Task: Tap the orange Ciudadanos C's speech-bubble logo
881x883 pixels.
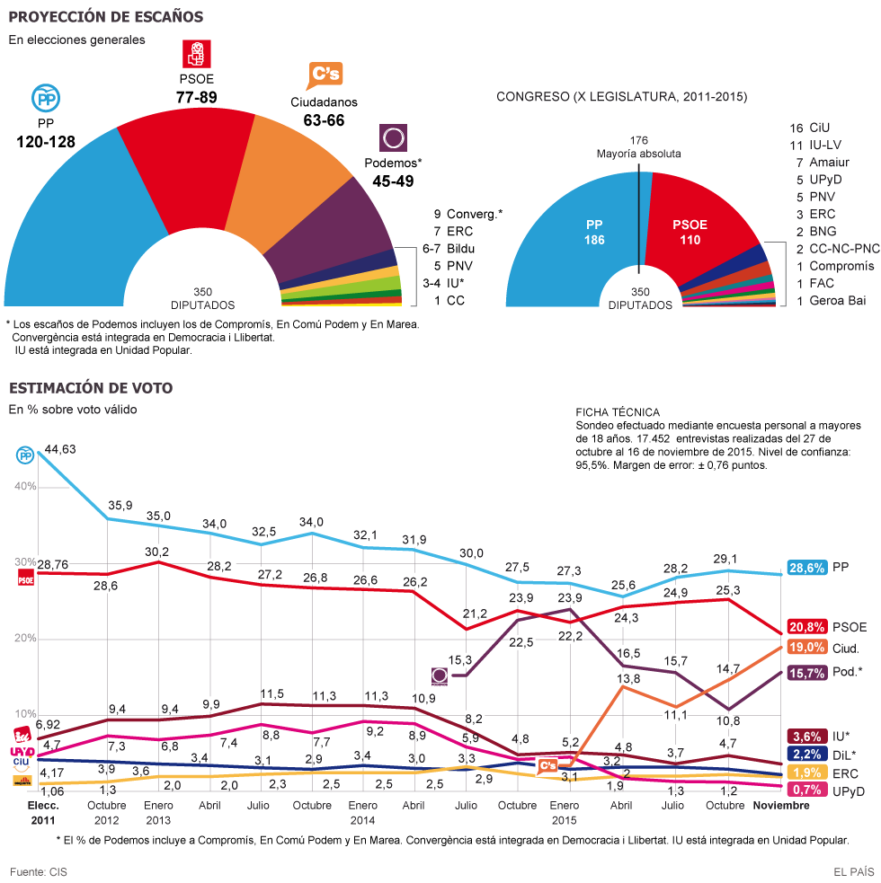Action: [324, 76]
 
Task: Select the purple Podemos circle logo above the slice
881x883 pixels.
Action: [393, 138]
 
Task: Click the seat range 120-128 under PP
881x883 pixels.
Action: [45, 141]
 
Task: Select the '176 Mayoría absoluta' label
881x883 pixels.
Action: [639, 146]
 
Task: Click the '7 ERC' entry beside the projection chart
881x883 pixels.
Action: [453, 231]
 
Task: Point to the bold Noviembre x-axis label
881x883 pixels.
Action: [780, 806]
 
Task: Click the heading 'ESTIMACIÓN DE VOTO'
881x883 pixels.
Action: [91, 388]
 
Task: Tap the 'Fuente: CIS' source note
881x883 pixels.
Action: [39, 871]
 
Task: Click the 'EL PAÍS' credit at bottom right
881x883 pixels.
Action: [853, 871]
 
